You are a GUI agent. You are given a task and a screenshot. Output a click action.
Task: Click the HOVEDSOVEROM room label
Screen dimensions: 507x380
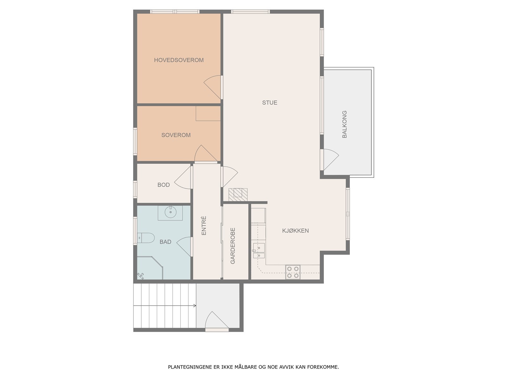tap(179, 60)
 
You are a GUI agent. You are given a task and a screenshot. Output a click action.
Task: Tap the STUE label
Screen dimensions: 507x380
tap(270, 103)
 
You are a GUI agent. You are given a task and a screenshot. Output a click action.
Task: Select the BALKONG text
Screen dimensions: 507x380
tap(344, 124)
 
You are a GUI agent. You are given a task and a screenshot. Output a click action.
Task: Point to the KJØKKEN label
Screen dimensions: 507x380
tap(295, 231)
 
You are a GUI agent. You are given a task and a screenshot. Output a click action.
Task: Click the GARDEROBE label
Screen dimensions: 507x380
tap(233, 246)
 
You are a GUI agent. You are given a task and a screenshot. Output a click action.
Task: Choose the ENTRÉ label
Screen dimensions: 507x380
tap(204, 226)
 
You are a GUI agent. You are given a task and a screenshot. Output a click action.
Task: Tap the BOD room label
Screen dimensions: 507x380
tap(164, 185)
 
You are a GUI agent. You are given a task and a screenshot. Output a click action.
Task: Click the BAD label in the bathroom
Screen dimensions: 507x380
tap(165, 242)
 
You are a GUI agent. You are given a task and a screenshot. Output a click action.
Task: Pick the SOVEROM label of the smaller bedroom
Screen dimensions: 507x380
tap(176, 135)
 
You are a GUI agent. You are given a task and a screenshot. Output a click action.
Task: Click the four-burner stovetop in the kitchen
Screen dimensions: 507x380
tap(293, 272)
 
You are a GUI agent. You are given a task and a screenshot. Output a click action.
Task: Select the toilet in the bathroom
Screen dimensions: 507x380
tap(146, 237)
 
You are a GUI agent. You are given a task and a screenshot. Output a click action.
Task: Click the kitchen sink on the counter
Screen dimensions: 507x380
tap(259, 250)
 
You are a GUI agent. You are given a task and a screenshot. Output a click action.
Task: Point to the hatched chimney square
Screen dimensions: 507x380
tap(238, 194)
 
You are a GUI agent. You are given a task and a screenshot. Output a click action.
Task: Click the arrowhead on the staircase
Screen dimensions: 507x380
tap(195, 306)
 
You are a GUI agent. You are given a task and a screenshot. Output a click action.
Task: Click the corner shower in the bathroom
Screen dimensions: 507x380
tap(150, 268)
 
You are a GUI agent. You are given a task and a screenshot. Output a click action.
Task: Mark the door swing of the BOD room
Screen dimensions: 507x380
tap(183, 178)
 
